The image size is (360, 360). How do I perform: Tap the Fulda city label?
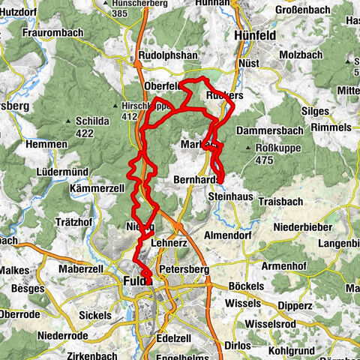click(133, 282)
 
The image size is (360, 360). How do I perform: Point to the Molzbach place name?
click(299, 55)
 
